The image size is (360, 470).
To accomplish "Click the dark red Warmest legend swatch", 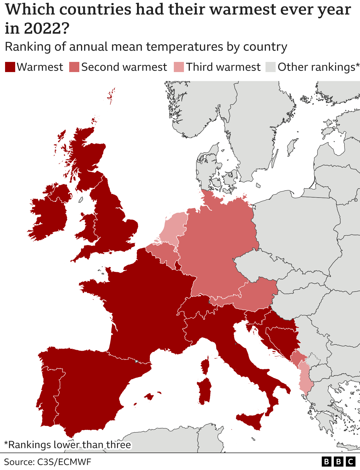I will (10, 67).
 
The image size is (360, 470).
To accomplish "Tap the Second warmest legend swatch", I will (74, 67).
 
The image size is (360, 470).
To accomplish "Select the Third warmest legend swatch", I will (179, 67).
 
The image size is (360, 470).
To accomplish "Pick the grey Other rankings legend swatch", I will (270, 67).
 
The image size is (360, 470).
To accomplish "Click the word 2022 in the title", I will (42, 28).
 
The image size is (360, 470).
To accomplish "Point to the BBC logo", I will (338, 462).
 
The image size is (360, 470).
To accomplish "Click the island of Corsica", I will (205, 366).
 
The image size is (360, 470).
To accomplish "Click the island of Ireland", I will (51, 214).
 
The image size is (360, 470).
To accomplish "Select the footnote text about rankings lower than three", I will (67, 445).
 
